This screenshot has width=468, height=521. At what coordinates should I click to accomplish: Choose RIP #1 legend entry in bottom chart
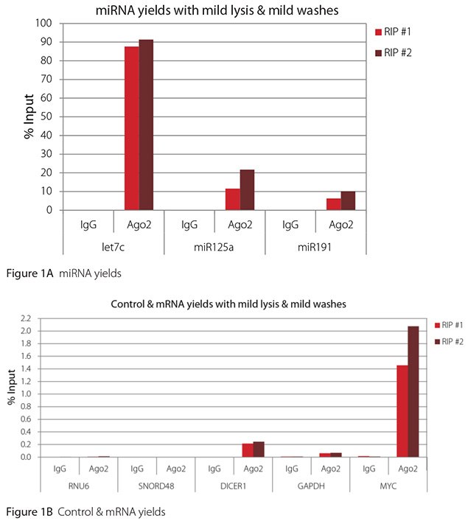click(x=450, y=324)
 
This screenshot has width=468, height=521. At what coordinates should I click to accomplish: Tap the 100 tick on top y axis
click(x=46, y=23)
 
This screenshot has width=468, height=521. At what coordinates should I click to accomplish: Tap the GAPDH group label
click(x=311, y=486)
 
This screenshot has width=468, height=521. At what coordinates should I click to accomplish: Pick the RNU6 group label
click(x=79, y=486)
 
